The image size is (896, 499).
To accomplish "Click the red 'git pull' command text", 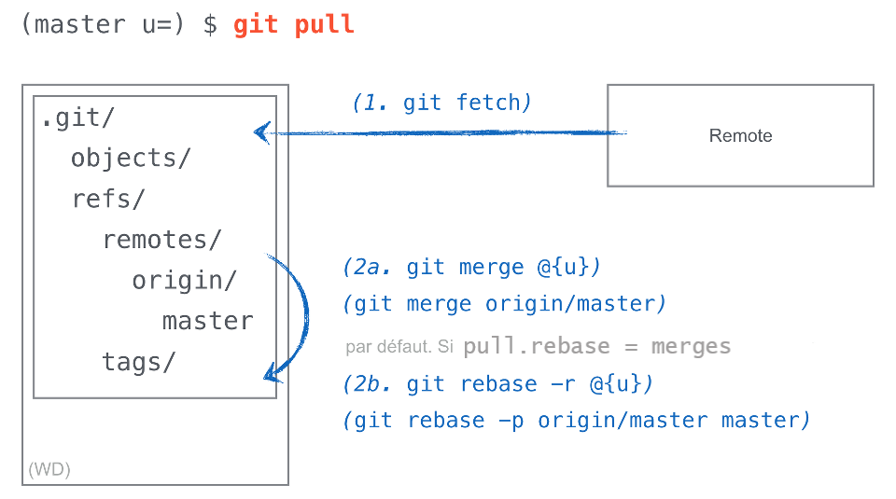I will [294, 24].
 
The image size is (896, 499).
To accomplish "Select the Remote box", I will [740, 135].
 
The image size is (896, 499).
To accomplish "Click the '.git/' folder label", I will [77, 119].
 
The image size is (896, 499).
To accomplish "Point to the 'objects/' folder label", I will [130, 159].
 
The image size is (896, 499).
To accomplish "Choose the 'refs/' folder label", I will [108, 200].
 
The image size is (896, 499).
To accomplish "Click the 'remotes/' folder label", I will [161, 241].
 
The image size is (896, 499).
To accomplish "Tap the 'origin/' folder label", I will [184, 281].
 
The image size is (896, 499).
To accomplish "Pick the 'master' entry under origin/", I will [207, 322].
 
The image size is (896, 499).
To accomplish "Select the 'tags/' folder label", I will [138, 362].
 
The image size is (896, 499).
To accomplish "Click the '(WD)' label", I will [49, 469].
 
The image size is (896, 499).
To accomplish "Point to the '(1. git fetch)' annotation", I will [441, 103].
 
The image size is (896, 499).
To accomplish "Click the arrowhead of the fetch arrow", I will [262, 132].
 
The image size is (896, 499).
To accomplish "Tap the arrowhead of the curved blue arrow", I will [272, 376].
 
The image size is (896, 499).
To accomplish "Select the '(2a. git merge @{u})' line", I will [472, 268].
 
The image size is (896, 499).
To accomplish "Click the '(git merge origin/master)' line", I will [505, 304].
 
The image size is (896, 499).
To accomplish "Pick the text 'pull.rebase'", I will [536, 347].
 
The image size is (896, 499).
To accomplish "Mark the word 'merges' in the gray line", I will [691, 347].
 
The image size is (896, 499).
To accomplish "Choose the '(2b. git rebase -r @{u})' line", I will [498, 384].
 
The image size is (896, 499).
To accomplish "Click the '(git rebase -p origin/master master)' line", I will [576, 421].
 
